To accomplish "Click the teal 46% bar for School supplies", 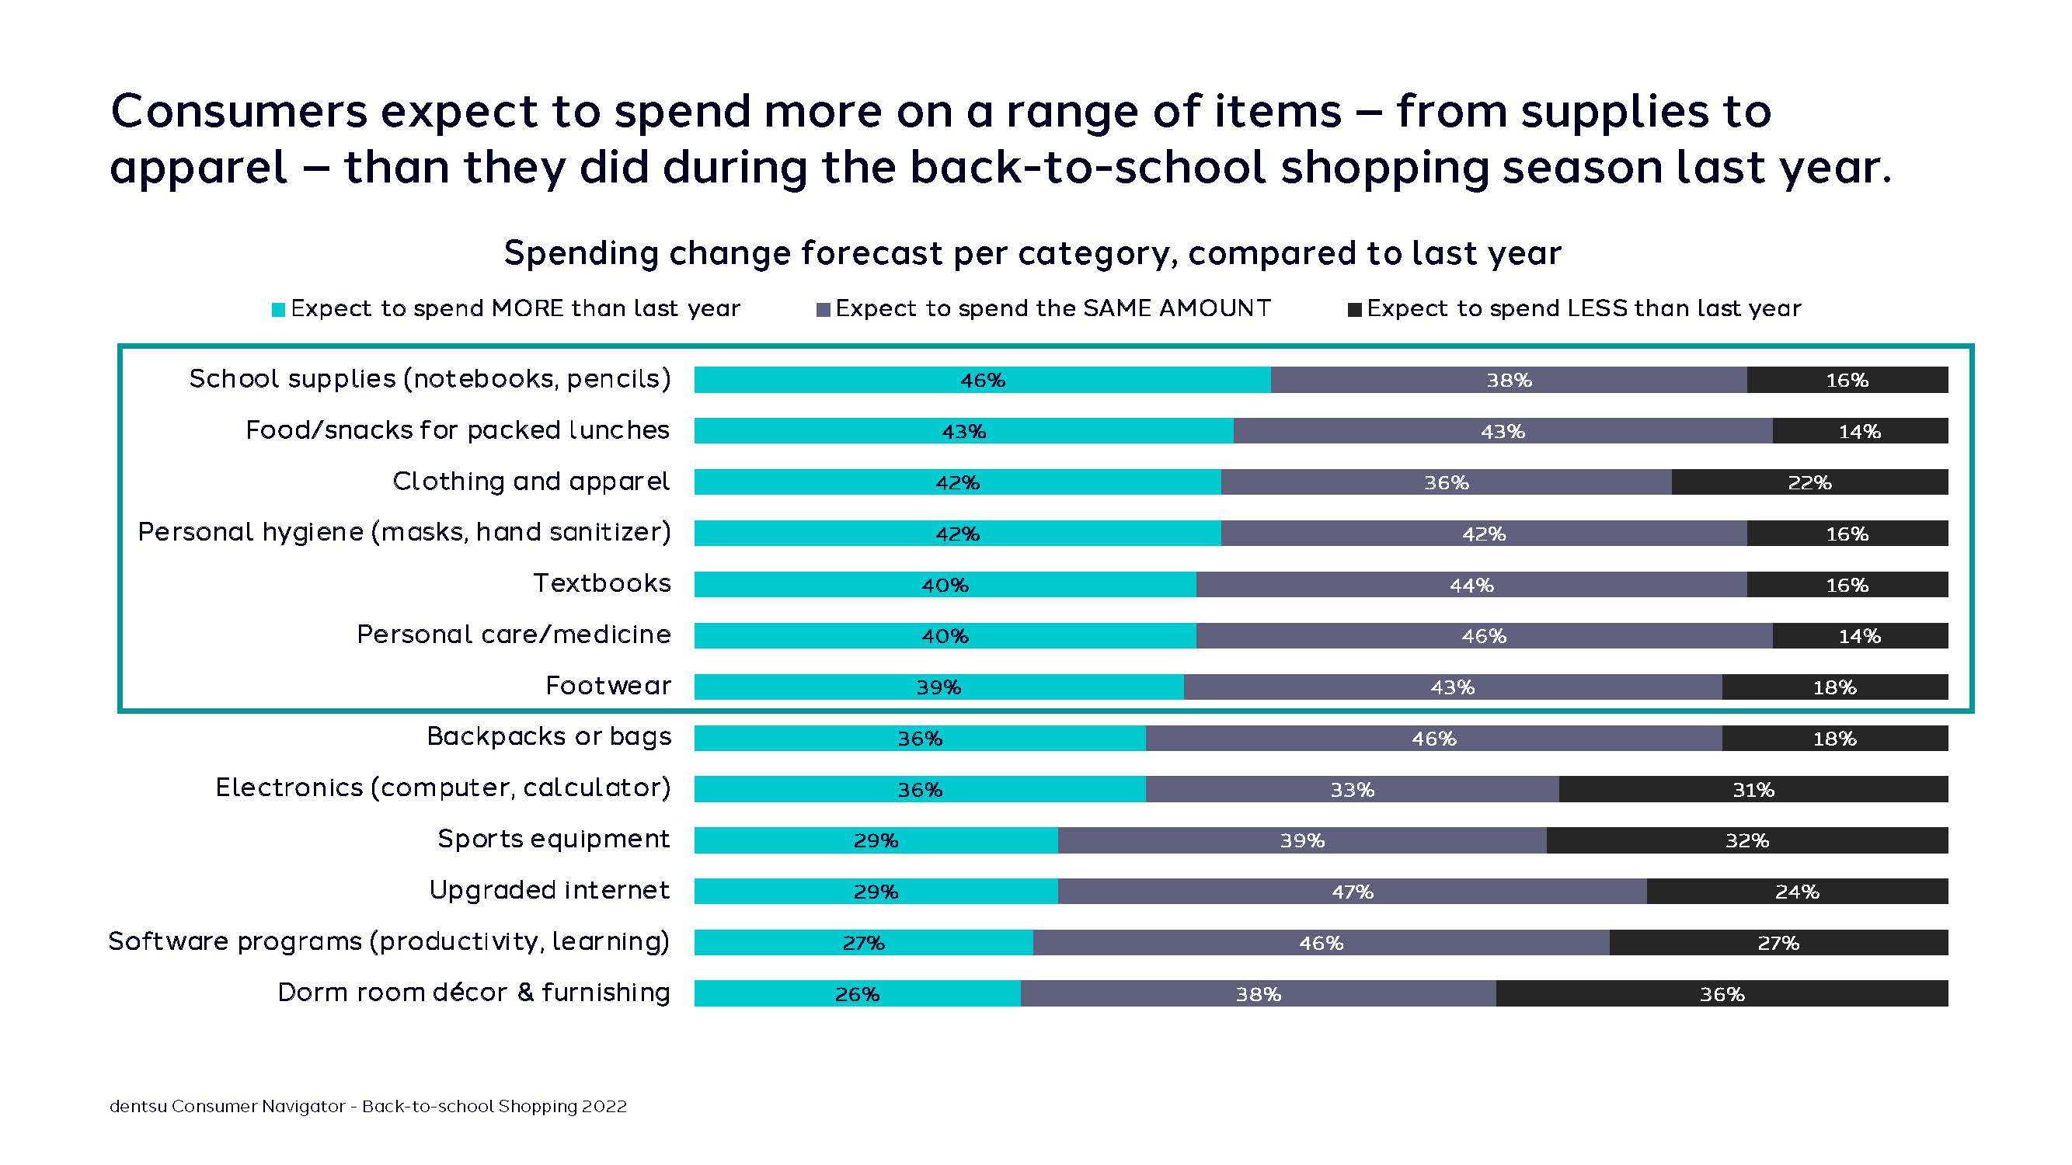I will point(981,380).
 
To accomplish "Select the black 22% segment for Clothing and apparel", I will point(1809,482).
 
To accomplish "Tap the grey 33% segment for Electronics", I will point(1351,790).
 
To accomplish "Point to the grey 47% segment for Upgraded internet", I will point(1351,892).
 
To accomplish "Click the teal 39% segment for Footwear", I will point(938,687).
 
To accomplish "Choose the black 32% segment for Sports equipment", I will point(1746,841).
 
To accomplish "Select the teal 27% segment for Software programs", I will point(863,943).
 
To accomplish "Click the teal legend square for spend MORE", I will point(278,311).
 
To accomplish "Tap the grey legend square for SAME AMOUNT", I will point(823,311).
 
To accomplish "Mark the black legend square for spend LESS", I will point(1354,311).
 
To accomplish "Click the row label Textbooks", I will point(601,583).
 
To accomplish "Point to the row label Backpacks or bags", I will point(548,736).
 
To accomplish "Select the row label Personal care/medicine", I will point(514,635).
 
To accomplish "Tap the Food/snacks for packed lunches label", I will point(457,430).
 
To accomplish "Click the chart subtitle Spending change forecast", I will point(1032,253).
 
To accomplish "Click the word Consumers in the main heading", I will point(238,111).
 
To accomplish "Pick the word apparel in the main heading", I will point(198,167).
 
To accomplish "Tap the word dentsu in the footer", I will point(138,1106).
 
